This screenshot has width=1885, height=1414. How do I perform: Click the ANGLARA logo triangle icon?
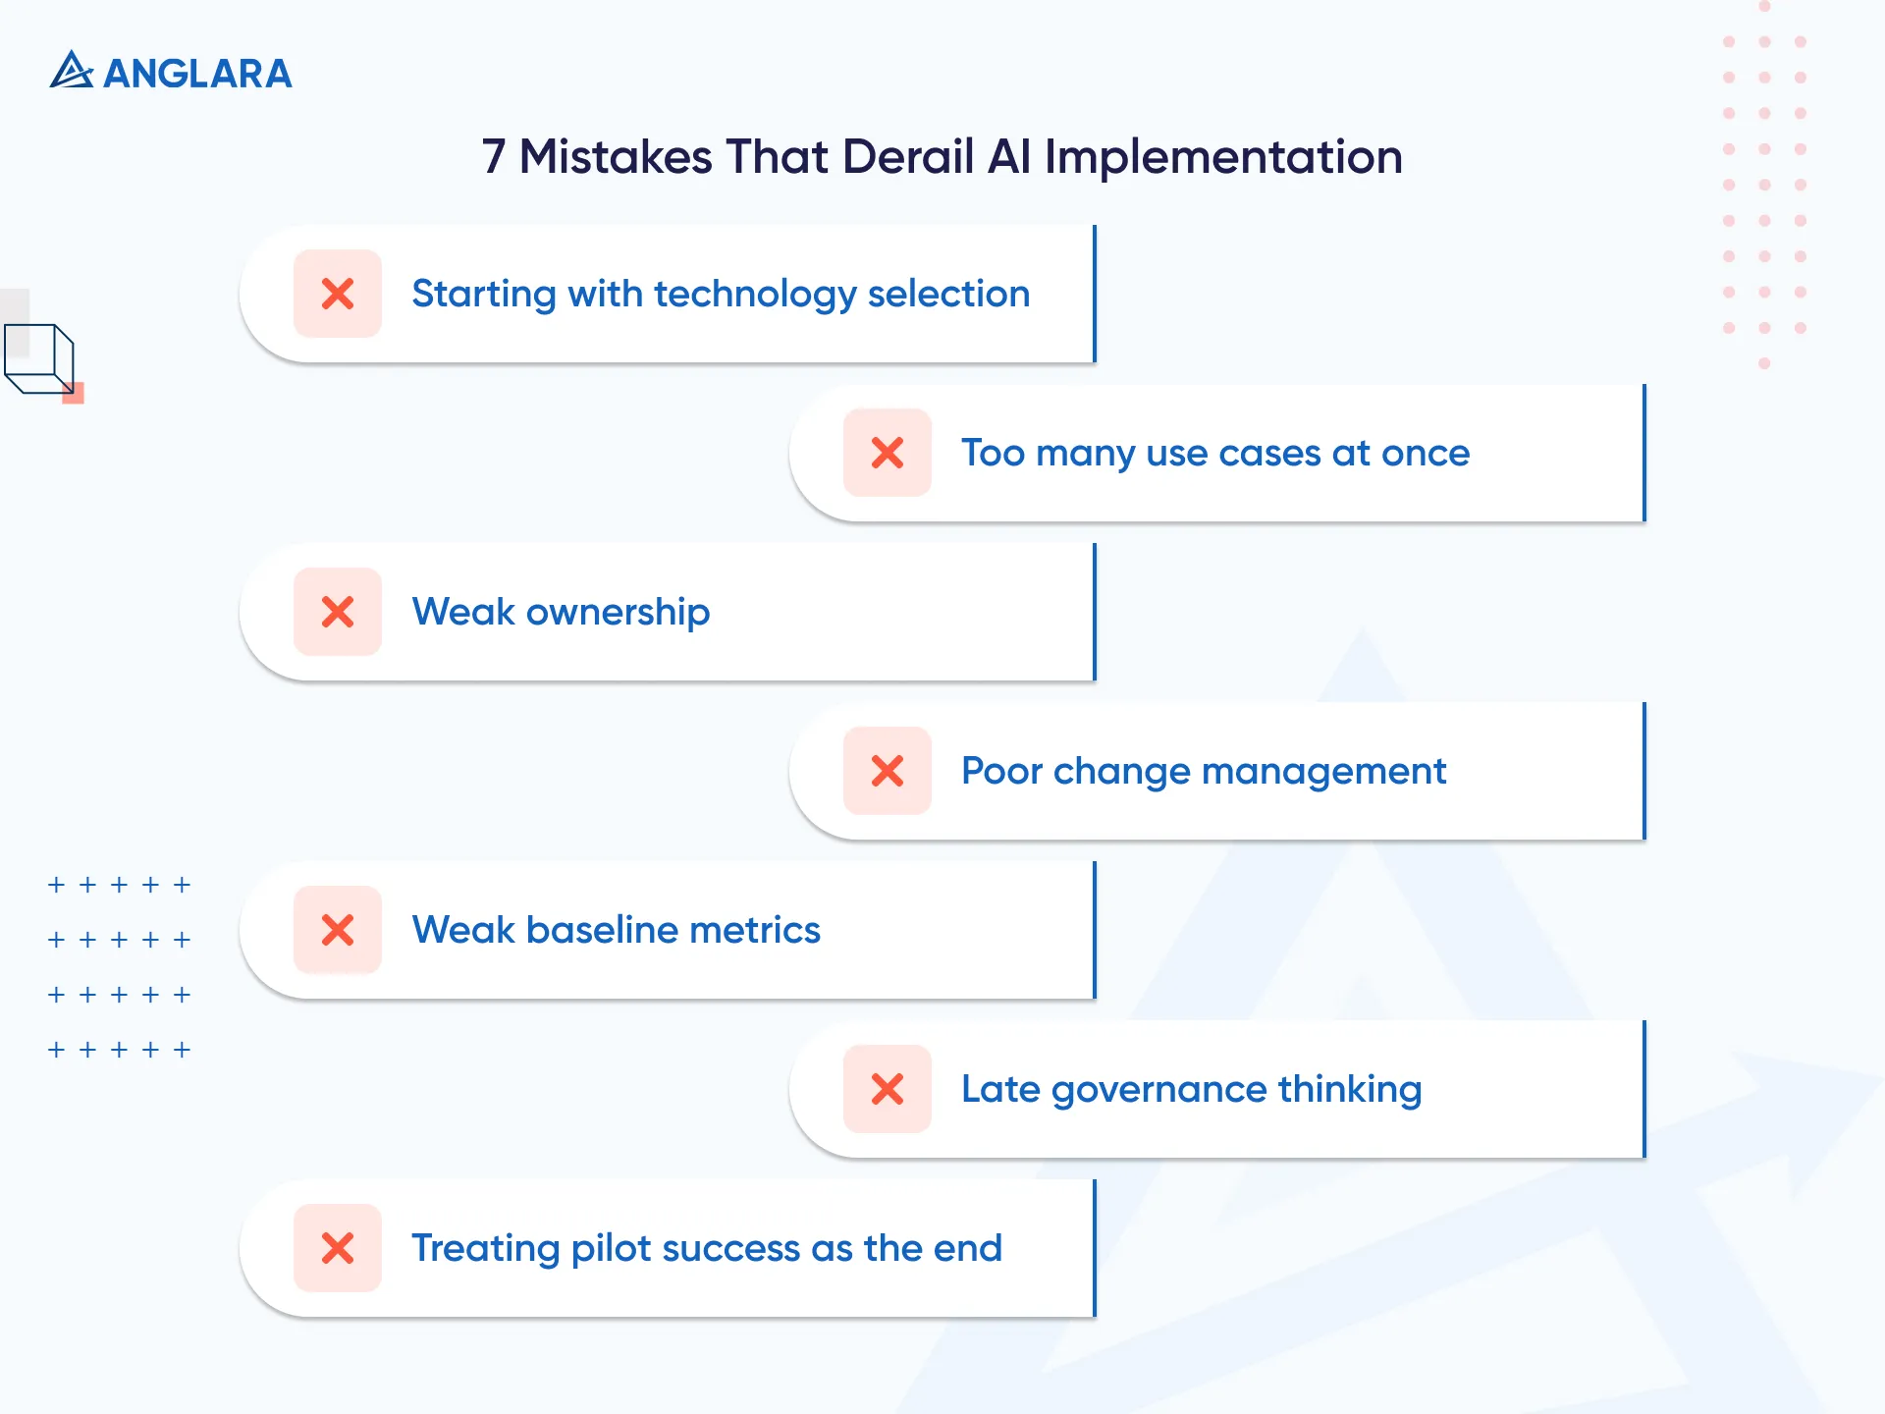[71, 71]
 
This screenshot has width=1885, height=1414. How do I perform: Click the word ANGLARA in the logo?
[197, 74]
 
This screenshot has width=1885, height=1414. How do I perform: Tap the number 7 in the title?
[494, 157]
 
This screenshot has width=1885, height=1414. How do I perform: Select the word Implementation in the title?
[1223, 157]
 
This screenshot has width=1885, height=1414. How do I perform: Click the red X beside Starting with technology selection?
[338, 294]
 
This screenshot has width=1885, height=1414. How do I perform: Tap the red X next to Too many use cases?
[888, 453]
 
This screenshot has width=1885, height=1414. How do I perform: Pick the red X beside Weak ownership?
[338, 612]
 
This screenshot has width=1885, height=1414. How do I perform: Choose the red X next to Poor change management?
[888, 771]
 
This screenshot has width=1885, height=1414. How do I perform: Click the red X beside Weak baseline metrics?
[338, 930]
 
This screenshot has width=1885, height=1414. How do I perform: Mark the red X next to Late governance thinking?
[888, 1089]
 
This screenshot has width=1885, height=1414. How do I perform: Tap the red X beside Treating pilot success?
[338, 1248]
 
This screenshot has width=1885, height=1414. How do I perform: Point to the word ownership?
[618, 613]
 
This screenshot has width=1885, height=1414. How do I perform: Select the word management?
[1323, 772]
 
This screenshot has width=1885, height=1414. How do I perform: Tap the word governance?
[1158, 1090]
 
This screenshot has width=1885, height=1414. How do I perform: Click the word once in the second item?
[1426, 454]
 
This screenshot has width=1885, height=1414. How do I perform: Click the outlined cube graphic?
[39, 359]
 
